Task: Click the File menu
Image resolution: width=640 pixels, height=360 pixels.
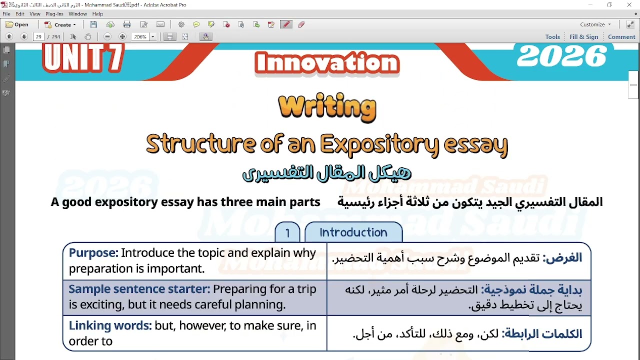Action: pyautogui.click(x=6, y=14)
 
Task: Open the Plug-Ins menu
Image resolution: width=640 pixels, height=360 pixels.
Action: pyautogui.click(x=54, y=14)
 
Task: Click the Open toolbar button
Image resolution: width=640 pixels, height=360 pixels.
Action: pyautogui.click(x=17, y=24)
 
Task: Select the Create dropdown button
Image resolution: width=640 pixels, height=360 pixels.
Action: pyautogui.click(x=60, y=24)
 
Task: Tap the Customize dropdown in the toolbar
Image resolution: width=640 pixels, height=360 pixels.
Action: pyautogui.click(x=595, y=24)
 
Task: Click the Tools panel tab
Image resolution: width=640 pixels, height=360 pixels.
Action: pyautogui.click(x=552, y=37)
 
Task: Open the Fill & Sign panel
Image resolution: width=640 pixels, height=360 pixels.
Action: pyautogui.click(x=583, y=37)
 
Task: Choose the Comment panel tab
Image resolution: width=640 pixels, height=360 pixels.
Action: pyautogui.click(x=621, y=37)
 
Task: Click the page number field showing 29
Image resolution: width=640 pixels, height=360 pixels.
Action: pyautogui.click(x=38, y=37)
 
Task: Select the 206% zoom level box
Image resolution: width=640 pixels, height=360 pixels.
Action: pyautogui.click(x=140, y=37)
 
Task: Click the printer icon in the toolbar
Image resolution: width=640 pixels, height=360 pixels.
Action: pyautogui.click(x=127, y=24)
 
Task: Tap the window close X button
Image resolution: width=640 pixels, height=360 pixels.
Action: pyautogui.click(x=629, y=5)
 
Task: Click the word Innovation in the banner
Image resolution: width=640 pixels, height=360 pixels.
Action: pyautogui.click(x=327, y=63)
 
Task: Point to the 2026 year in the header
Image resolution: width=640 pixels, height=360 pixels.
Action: pyautogui.click(x=561, y=56)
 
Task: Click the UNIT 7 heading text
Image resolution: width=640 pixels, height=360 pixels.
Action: pyautogui.click(x=83, y=58)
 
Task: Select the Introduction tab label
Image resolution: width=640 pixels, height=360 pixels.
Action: pyautogui.click(x=353, y=232)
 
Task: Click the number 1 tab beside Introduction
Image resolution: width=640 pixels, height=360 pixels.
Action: pyautogui.click(x=287, y=233)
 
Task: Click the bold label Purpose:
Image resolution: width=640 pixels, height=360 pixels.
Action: pyautogui.click(x=93, y=253)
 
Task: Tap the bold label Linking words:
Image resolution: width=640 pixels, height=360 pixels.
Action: pyautogui.click(x=110, y=326)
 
